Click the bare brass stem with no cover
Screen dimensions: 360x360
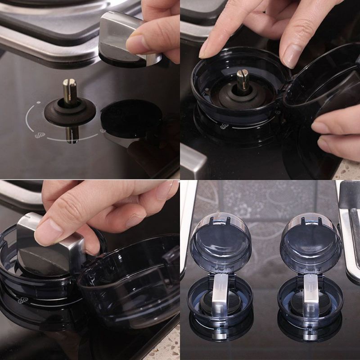tap(69, 90)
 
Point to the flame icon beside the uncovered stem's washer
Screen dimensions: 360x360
tap(40, 135)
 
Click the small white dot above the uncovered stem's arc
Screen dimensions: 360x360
tap(38, 102)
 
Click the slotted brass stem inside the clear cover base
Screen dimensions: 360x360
tap(243, 79)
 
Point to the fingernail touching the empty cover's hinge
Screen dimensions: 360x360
tap(292, 56)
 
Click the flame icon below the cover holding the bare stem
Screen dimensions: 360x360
tap(224, 127)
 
